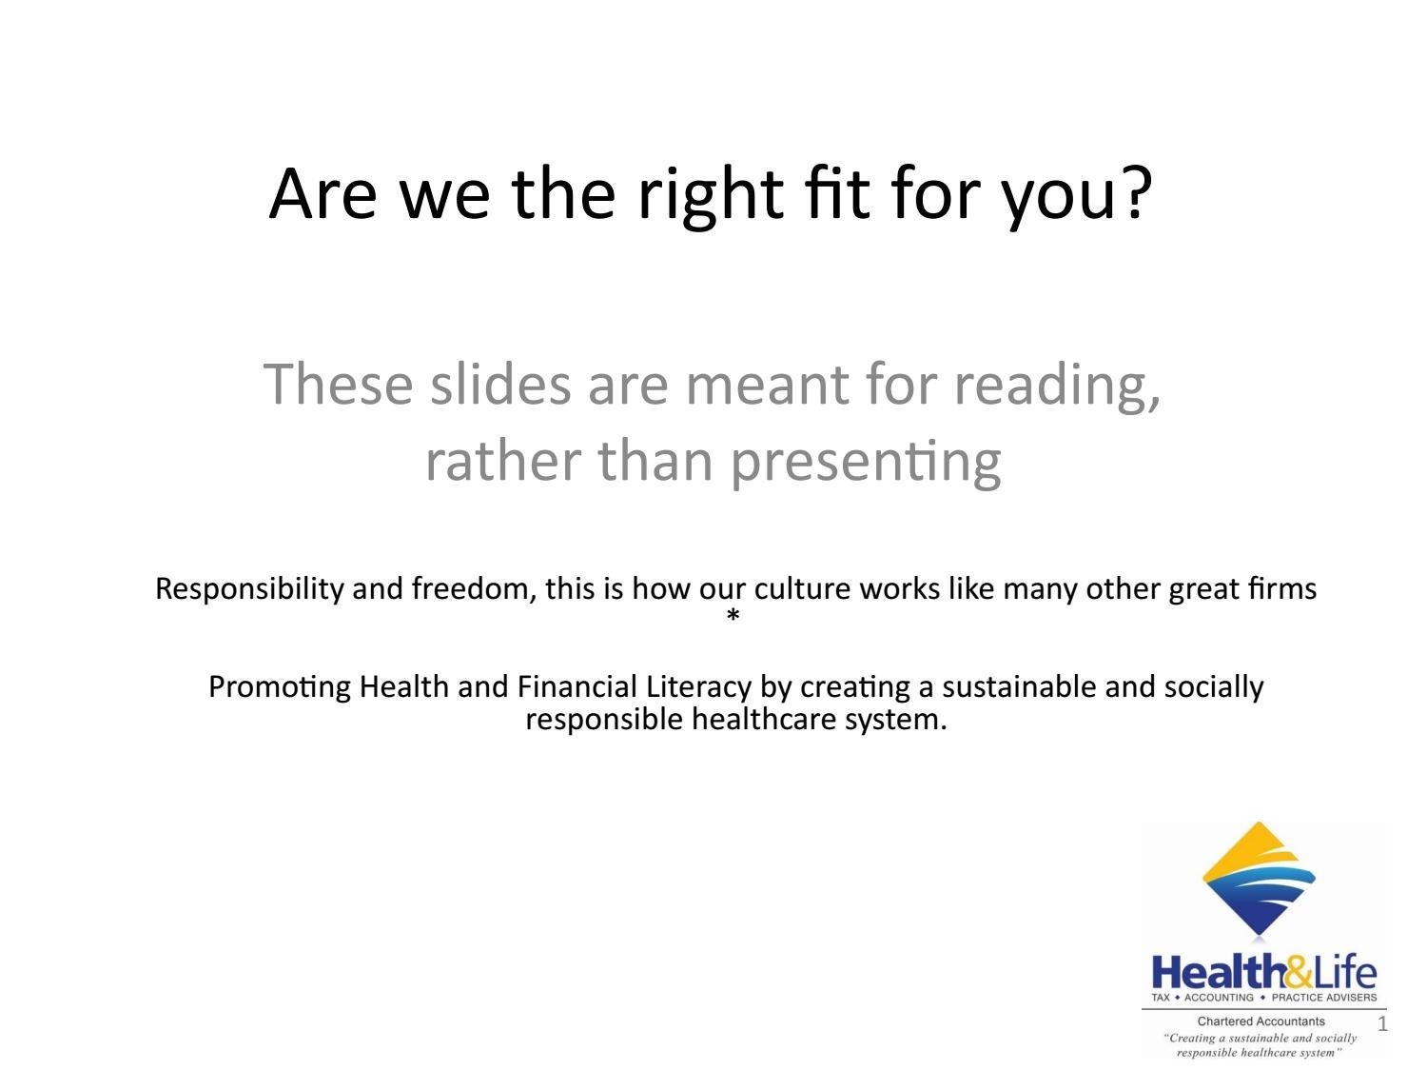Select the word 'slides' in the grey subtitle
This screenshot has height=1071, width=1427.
coord(501,384)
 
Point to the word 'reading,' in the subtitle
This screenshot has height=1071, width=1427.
coord(1057,386)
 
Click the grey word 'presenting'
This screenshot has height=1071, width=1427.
coord(866,461)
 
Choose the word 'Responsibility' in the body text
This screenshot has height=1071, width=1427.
coord(249,589)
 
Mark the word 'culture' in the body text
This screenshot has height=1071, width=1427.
coord(802,589)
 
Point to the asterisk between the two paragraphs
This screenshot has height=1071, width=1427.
coord(733,617)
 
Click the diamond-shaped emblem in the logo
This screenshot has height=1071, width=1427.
coord(1259,878)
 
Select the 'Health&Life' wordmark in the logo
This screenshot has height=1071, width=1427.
coord(1263,973)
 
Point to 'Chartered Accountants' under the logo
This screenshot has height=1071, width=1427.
coord(1261,1021)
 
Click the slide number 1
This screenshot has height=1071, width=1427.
coord(1382,1024)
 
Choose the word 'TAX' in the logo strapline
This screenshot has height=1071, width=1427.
coord(1161,998)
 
